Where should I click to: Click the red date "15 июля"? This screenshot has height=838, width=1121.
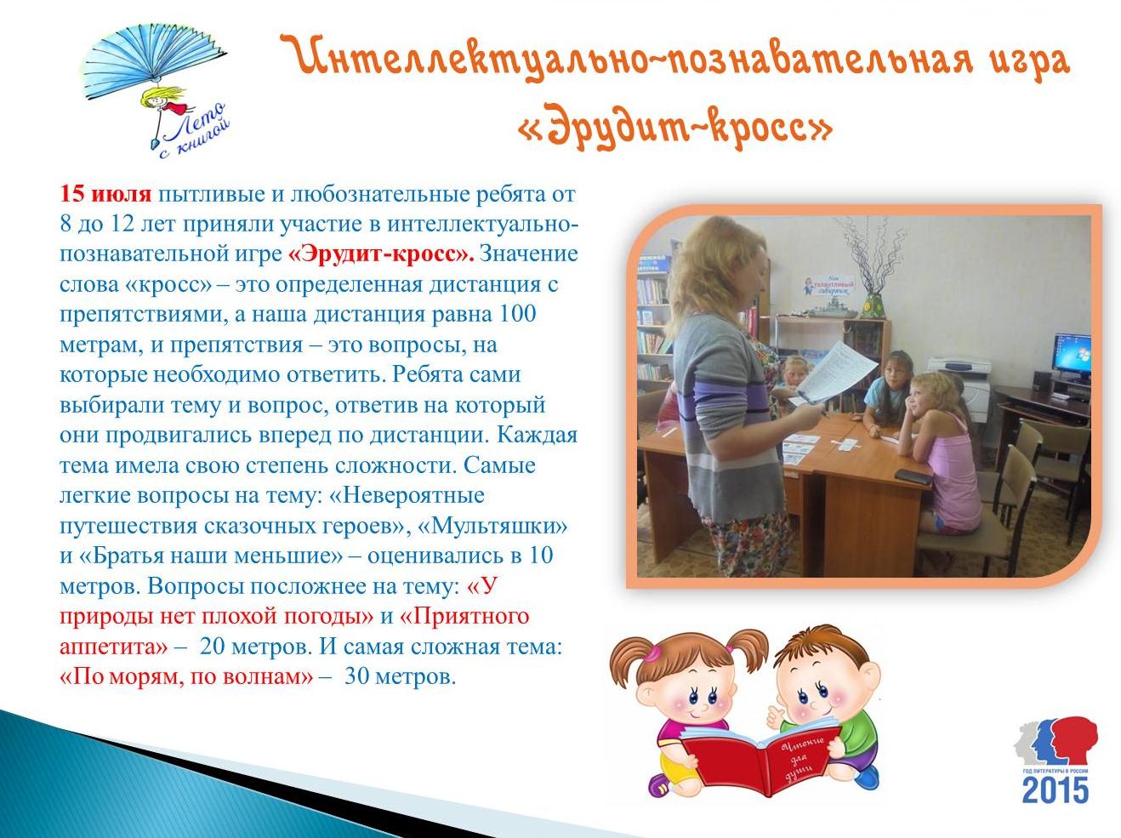(x=105, y=195)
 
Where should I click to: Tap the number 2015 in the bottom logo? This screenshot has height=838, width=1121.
(x=1056, y=790)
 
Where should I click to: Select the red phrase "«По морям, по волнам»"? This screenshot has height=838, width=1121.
(x=186, y=677)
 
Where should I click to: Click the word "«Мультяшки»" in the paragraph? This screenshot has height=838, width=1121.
(x=492, y=526)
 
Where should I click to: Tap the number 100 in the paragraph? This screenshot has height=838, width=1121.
(x=517, y=314)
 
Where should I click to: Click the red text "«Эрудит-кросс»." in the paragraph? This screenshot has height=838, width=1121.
(x=381, y=254)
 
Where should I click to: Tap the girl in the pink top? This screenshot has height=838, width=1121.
(x=940, y=449)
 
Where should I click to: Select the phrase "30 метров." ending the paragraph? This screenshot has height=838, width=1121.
(x=400, y=677)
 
